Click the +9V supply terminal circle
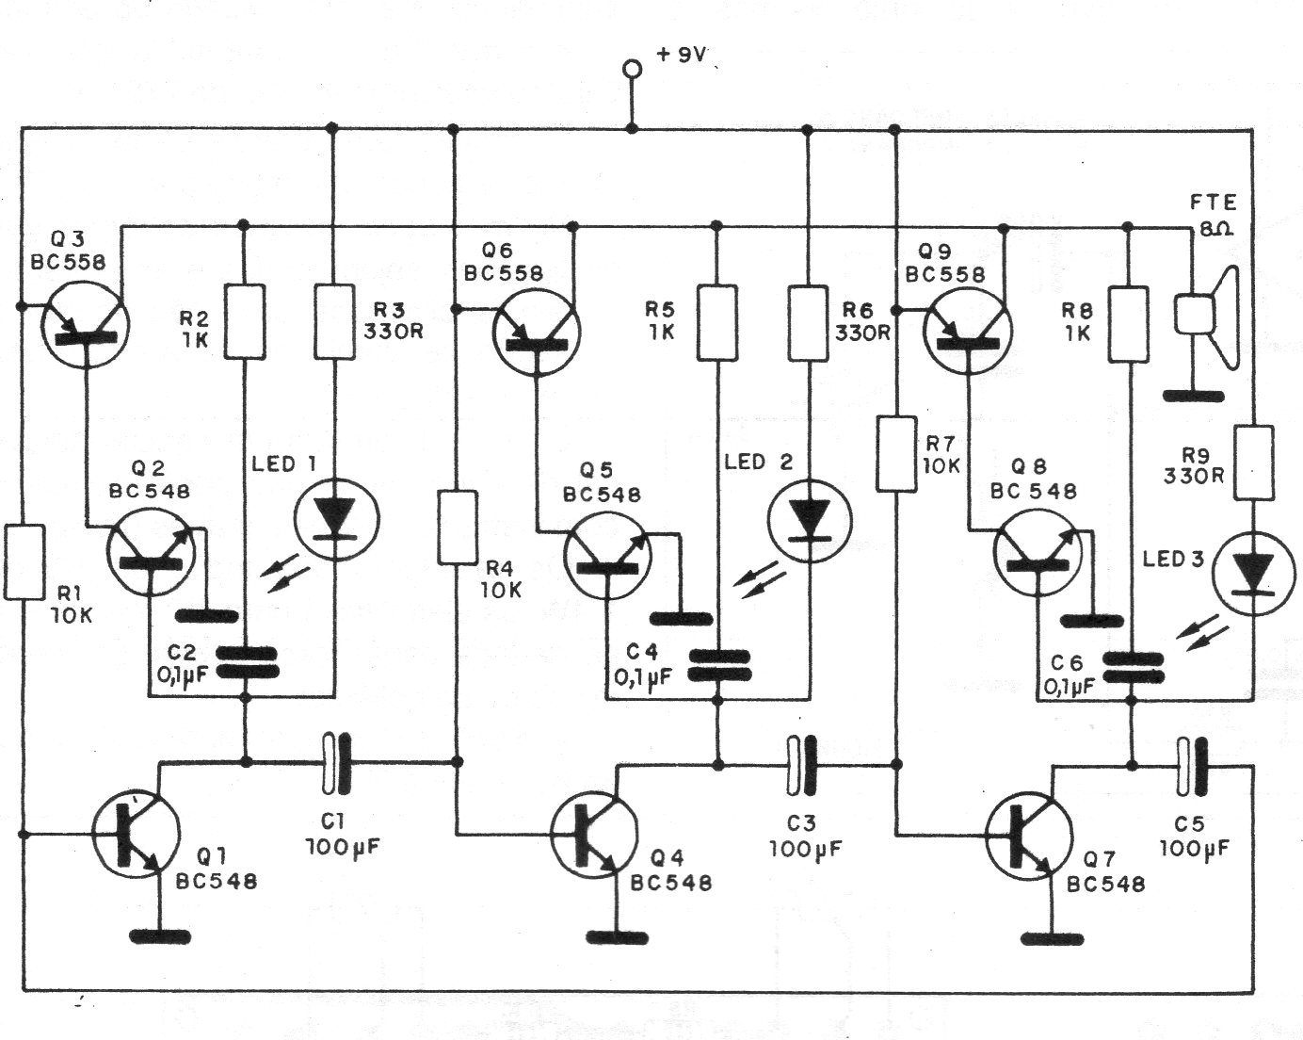tap(632, 69)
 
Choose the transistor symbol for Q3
tap(86, 321)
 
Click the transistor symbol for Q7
tap(1028, 837)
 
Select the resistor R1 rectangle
tap(24, 562)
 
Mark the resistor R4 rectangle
tap(457, 528)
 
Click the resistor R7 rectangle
tap(896, 455)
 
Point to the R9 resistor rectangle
tap(1254, 462)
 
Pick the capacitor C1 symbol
tap(334, 762)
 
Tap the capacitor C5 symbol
tap(1191, 765)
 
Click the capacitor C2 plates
tap(246, 661)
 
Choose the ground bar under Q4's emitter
tap(618, 936)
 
